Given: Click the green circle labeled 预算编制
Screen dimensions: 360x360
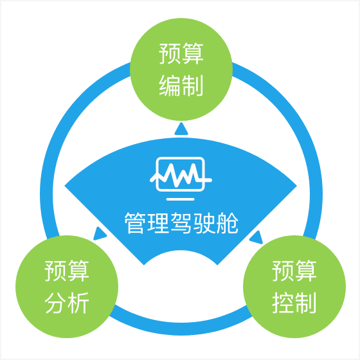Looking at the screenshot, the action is pos(181,69).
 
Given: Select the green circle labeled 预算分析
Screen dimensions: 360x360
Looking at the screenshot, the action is pos(67,287).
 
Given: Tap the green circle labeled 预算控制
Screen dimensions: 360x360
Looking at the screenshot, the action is pos(294,287).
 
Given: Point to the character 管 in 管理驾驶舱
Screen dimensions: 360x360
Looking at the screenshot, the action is pos(134,223).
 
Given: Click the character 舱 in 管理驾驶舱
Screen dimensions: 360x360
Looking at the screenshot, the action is pos(228,223).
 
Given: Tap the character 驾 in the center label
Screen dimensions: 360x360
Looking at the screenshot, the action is pos(181,223).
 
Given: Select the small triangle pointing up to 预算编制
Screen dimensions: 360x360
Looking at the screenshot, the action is pos(181,129).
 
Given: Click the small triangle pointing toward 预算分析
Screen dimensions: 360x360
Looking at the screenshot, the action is pos(99,234).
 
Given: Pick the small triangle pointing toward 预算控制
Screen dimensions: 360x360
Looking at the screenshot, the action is pos(256,238).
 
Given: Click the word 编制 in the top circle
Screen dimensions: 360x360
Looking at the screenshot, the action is pos(181,85).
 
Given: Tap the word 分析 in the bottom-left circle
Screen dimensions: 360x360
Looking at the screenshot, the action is pos(67,303).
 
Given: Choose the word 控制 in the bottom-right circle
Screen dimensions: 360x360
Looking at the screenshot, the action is pos(294,303).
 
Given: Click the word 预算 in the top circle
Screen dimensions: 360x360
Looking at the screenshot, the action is pos(181,53).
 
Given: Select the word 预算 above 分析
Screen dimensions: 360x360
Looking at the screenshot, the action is pos(67,271).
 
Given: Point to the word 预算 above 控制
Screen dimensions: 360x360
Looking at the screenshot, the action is pos(294,271).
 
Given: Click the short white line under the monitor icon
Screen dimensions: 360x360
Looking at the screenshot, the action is pos(181,199).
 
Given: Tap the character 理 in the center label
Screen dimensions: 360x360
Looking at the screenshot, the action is pos(157,223).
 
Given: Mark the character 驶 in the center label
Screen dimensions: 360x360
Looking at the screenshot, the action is pos(204,223).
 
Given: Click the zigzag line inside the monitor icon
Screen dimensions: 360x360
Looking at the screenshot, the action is pos(181,175).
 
